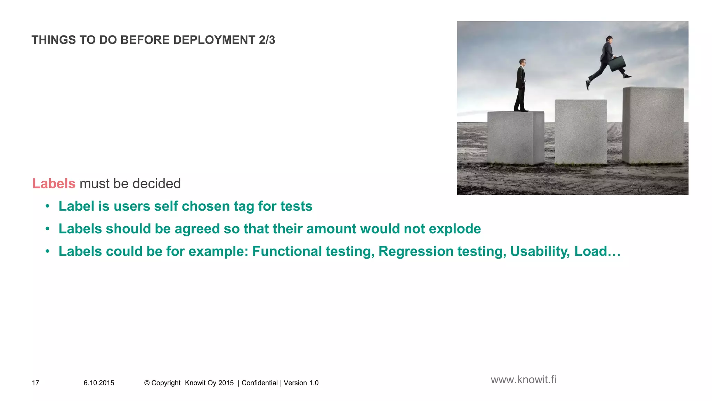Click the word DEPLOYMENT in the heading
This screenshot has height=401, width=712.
click(x=214, y=40)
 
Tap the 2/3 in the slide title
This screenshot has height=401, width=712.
click(x=267, y=40)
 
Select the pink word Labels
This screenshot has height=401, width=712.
click(x=54, y=183)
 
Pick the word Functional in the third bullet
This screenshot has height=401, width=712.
click(x=287, y=251)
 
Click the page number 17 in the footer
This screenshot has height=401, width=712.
click(x=35, y=383)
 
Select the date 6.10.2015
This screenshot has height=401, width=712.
click(x=99, y=383)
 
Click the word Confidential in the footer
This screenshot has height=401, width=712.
click(x=259, y=383)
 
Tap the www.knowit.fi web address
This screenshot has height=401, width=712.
click(x=523, y=379)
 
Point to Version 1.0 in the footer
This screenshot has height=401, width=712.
click(x=301, y=383)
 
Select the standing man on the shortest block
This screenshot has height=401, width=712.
click(x=520, y=86)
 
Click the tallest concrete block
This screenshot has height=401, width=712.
click(x=653, y=125)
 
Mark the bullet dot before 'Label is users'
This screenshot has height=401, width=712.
click(x=48, y=206)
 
